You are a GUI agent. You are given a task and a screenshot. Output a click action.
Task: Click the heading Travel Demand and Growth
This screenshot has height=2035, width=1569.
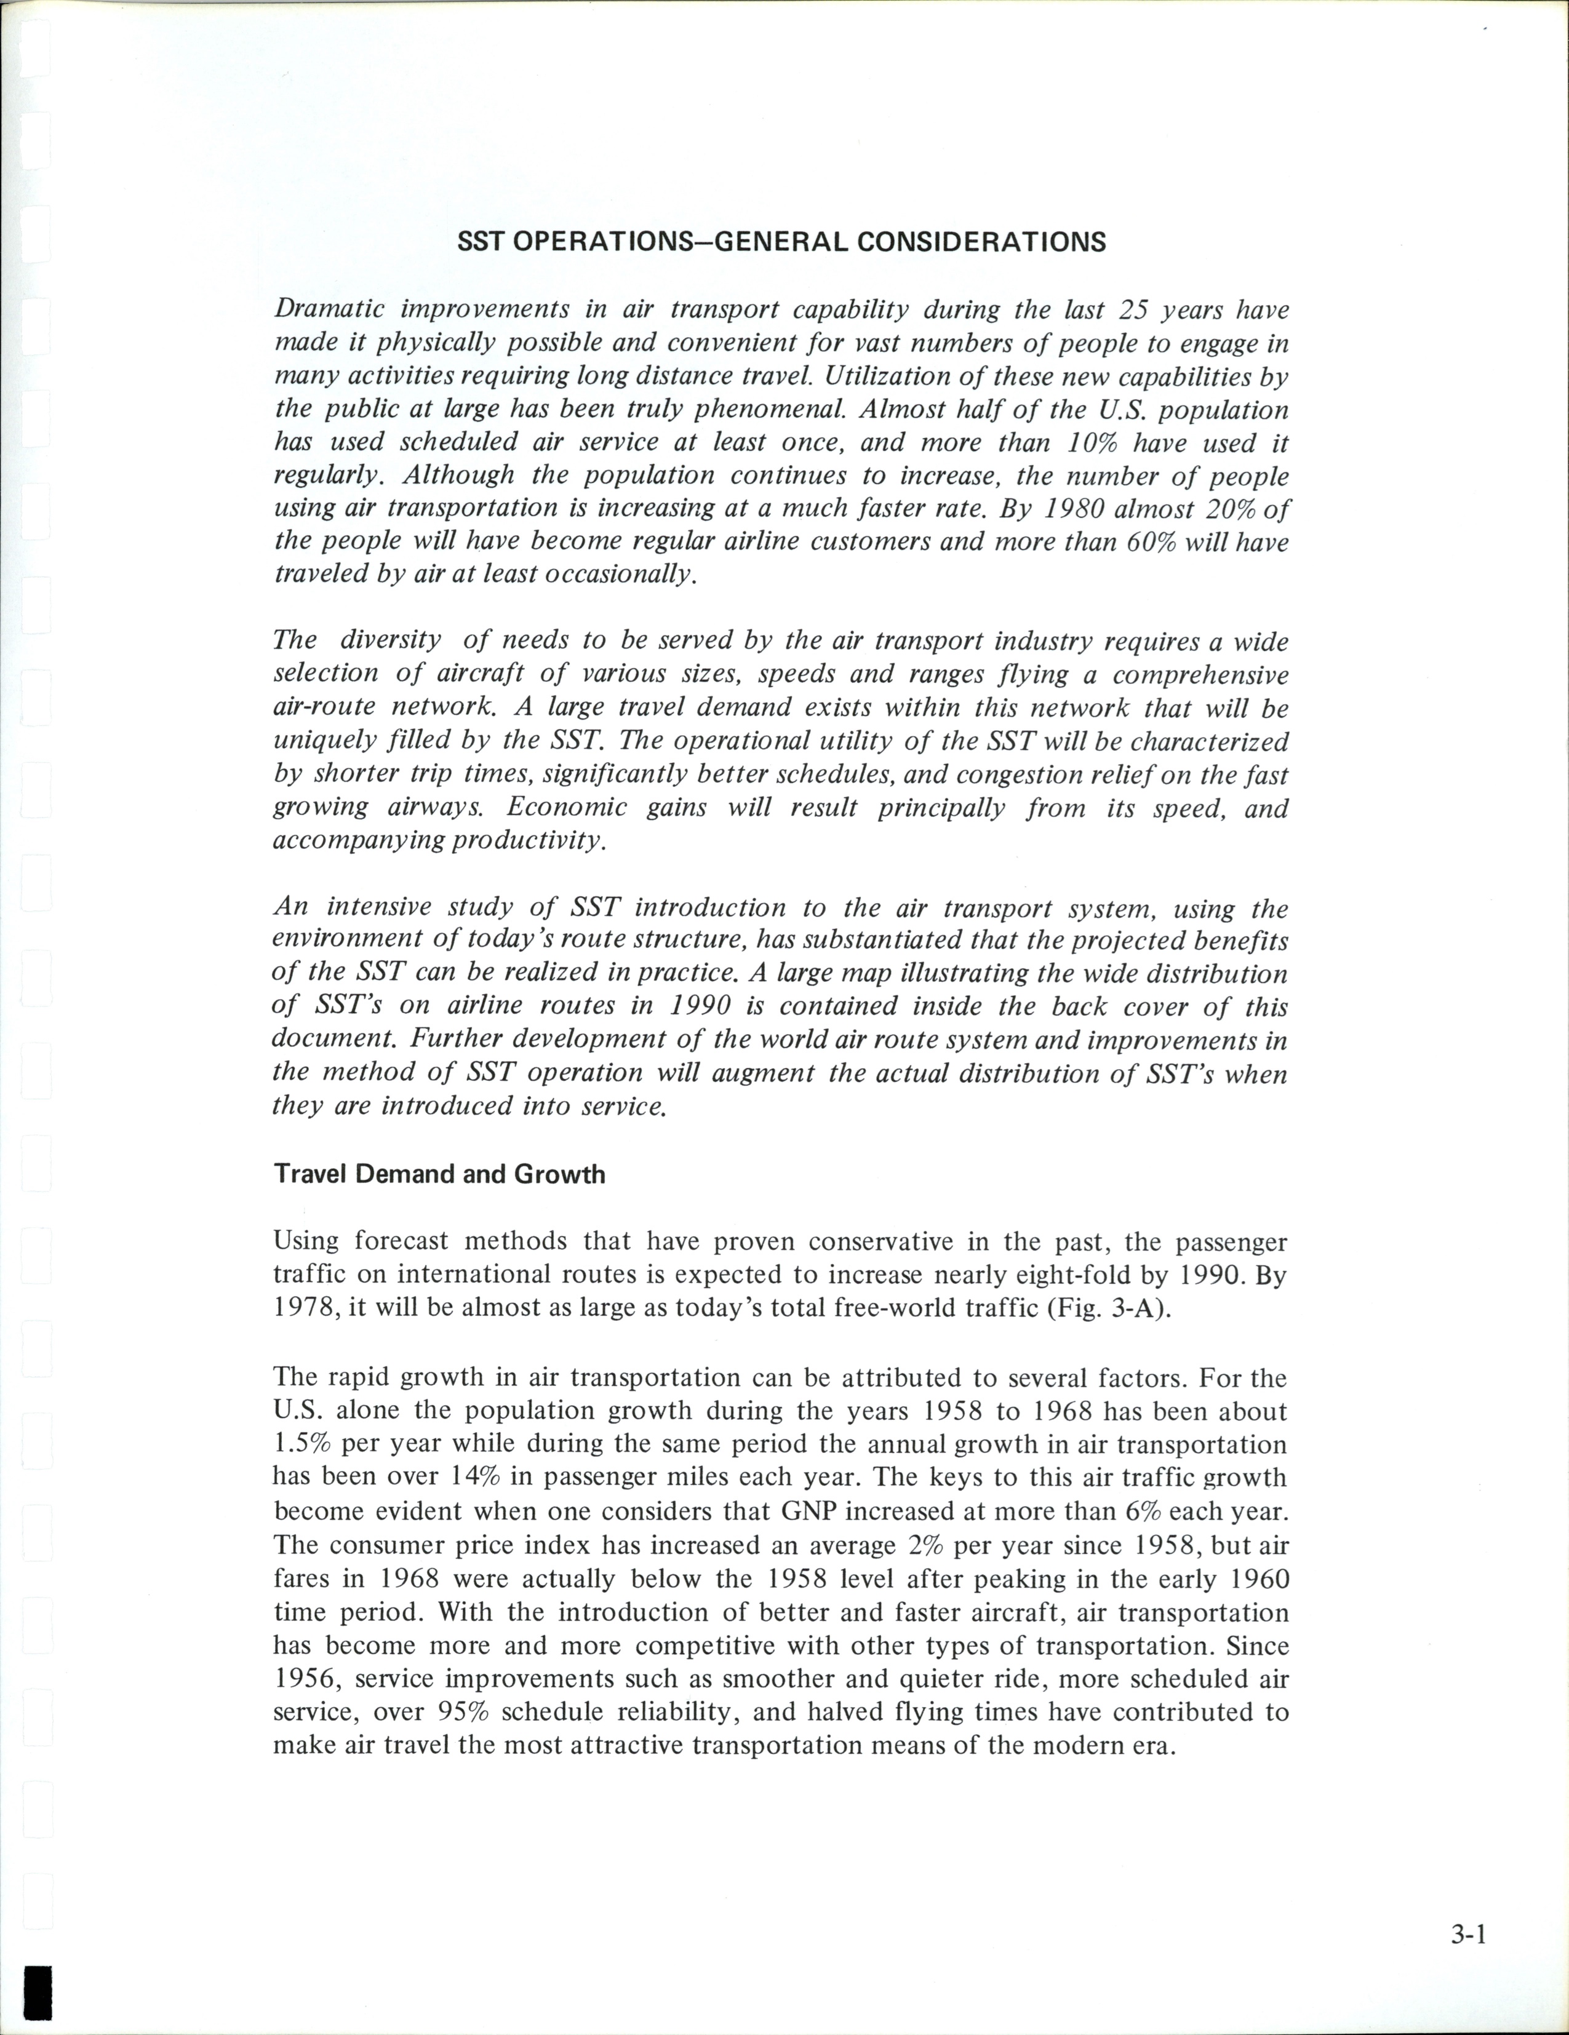439,1174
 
